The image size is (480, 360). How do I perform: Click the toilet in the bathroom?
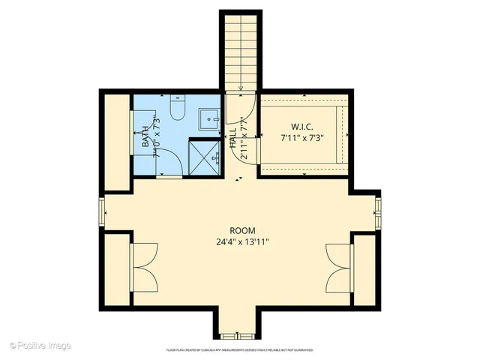click(178, 109)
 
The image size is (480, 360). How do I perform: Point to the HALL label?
click(233, 136)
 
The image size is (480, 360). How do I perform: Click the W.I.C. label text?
click(301, 127)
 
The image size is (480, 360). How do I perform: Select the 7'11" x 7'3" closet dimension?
click(301, 138)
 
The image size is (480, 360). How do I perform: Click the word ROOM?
click(242, 230)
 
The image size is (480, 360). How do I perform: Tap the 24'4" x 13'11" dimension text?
click(242, 241)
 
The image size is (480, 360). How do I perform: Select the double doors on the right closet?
click(338, 268)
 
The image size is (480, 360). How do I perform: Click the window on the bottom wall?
click(240, 335)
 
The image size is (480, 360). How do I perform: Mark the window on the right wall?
click(378, 212)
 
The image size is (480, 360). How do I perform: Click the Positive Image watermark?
click(40, 346)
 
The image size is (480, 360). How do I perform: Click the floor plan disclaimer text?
click(240, 350)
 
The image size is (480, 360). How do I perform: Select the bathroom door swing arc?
click(168, 162)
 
